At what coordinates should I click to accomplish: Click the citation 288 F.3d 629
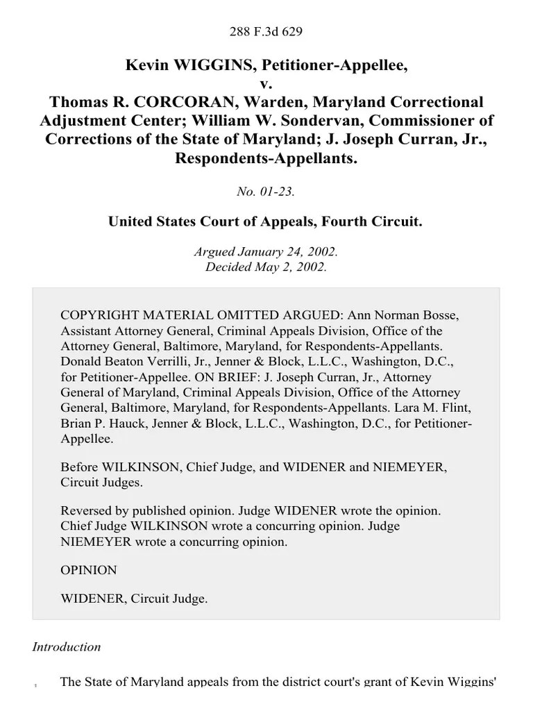[x=266, y=31]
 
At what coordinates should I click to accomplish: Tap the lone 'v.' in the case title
[x=266, y=84]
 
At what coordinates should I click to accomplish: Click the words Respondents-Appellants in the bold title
[x=266, y=158]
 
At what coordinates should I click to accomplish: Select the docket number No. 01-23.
[x=266, y=192]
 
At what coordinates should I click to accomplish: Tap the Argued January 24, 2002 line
[x=266, y=251]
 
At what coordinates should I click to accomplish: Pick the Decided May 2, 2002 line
[x=266, y=267]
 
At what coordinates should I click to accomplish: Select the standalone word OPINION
[x=89, y=570]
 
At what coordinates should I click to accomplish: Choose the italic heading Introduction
[x=67, y=647]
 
